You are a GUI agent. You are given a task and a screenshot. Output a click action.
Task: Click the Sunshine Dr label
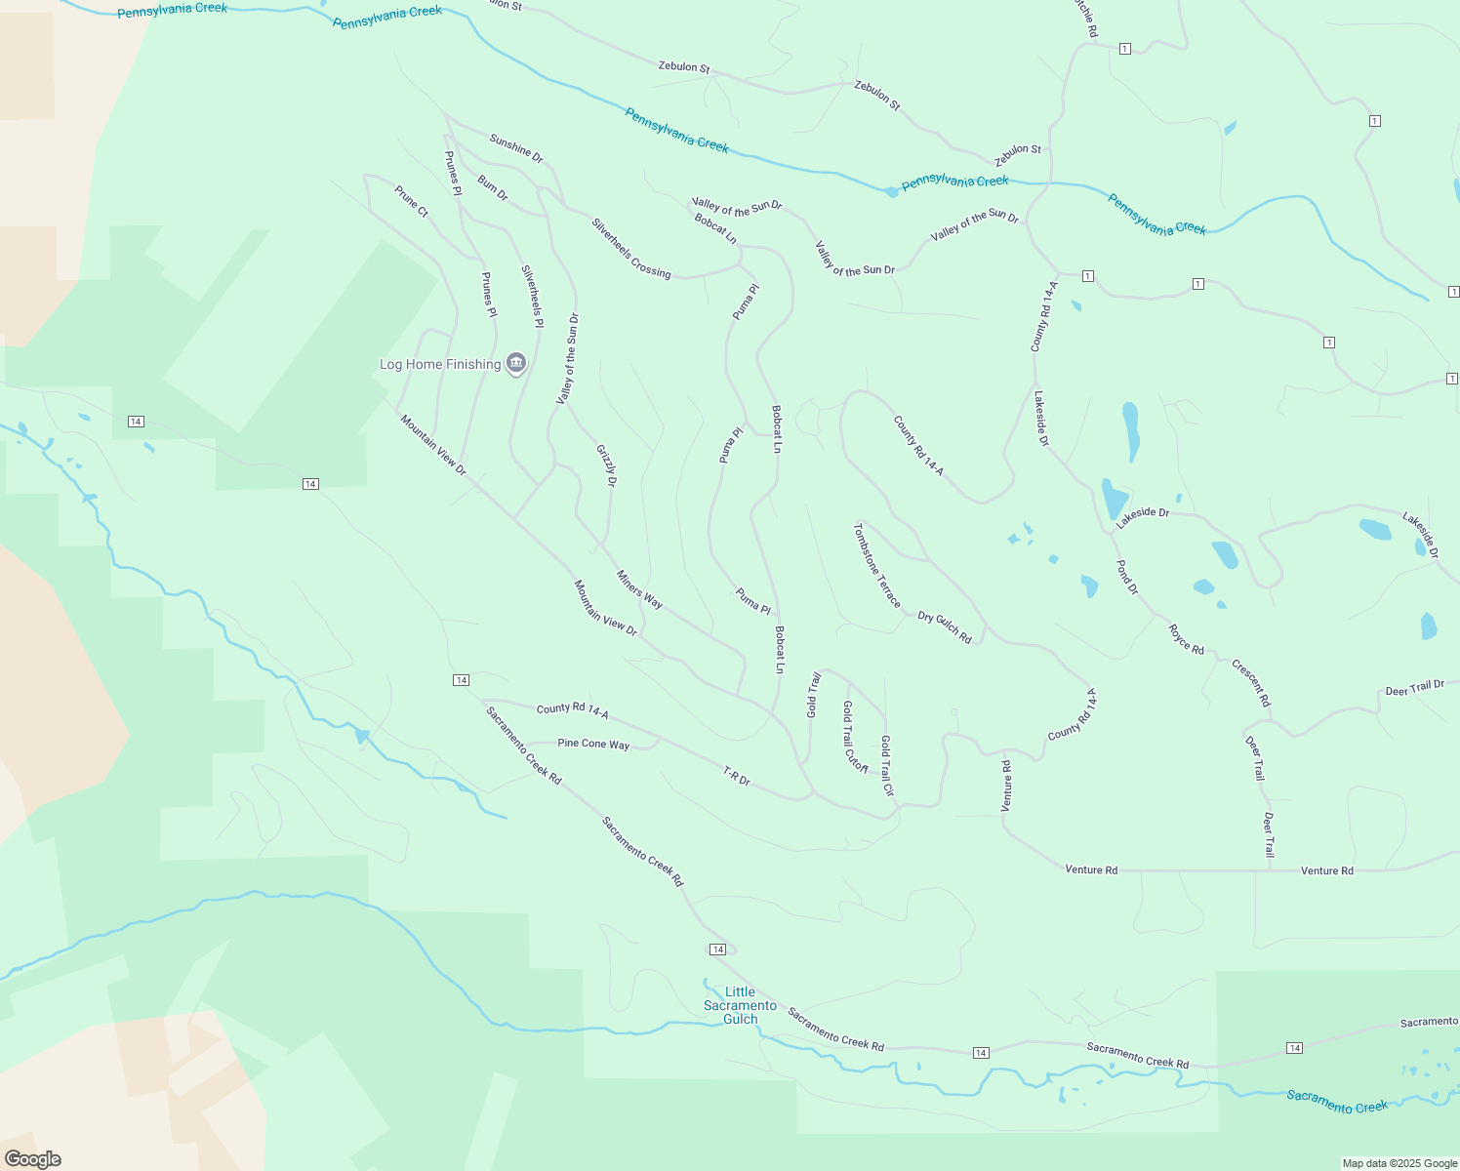click(x=516, y=148)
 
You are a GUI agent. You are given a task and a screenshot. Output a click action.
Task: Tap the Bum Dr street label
click(x=493, y=187)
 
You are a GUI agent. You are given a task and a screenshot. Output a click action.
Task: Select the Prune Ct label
click(x=411, y=201)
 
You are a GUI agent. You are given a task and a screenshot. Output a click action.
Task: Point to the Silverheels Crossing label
click(x=630, y=248)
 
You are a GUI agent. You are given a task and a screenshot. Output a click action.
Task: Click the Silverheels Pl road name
click(x=532, y=296)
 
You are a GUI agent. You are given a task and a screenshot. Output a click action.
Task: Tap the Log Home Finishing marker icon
click(x=517, y=364)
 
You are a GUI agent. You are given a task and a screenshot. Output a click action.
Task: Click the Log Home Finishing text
click(x=440, y=364)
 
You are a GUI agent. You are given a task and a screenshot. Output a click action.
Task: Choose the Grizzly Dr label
click(x=606, y=465)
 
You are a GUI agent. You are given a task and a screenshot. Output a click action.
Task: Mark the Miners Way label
click(x=639, y=589)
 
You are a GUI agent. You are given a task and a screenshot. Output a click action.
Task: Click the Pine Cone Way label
click(x=593, y=744)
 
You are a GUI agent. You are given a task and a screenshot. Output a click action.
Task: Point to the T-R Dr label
click(x=737, y=777)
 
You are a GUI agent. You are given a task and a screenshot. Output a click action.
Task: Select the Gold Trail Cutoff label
click(x=855, y=736)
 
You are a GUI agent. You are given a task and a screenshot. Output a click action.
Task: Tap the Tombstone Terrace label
click(x=876, y=565)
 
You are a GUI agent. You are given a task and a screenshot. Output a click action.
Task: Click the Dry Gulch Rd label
click(x=945, y=627)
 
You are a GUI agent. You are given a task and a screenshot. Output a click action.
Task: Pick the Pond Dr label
click(x=1127, y=577)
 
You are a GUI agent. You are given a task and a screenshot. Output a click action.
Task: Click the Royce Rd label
click(x=1187, y=639)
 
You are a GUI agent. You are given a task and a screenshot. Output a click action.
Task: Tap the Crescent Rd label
click(x=1251, y=683)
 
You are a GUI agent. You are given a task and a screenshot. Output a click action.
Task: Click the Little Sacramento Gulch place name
click(x=740, y=1005)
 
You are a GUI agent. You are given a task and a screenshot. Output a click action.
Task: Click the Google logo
click(x=33, y=1159)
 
